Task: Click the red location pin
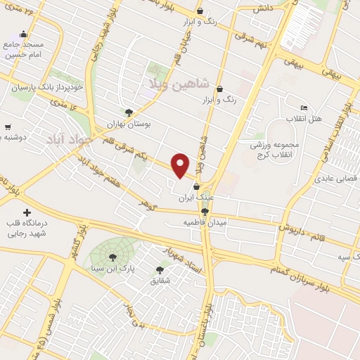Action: [181, 165]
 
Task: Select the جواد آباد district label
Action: [69, 139]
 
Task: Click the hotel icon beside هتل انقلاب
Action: [303, 108]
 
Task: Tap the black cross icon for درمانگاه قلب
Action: [27, 212]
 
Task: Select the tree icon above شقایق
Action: [160, 270]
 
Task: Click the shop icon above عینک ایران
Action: [196, 187]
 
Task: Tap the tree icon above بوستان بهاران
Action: [129, 112]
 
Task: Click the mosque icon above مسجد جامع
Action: [23, 34]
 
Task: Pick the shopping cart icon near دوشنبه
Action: [7, 127]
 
